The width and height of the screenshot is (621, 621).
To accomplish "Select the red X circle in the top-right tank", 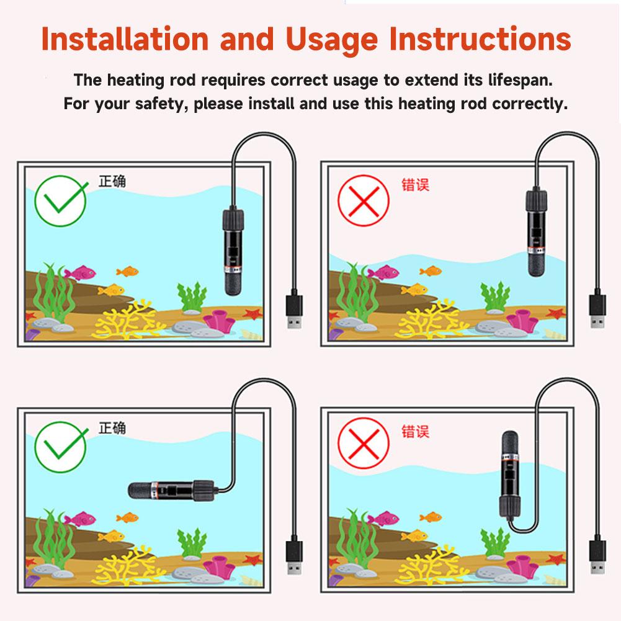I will tap(363, 202).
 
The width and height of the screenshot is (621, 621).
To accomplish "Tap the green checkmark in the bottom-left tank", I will tap(61, 445).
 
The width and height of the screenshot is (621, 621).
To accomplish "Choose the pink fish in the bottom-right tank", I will tap(382, 518).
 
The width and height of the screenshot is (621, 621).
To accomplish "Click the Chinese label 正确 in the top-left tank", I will tap(112, 181).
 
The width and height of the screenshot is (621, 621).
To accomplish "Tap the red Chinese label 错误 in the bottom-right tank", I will tap(415, 431).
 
